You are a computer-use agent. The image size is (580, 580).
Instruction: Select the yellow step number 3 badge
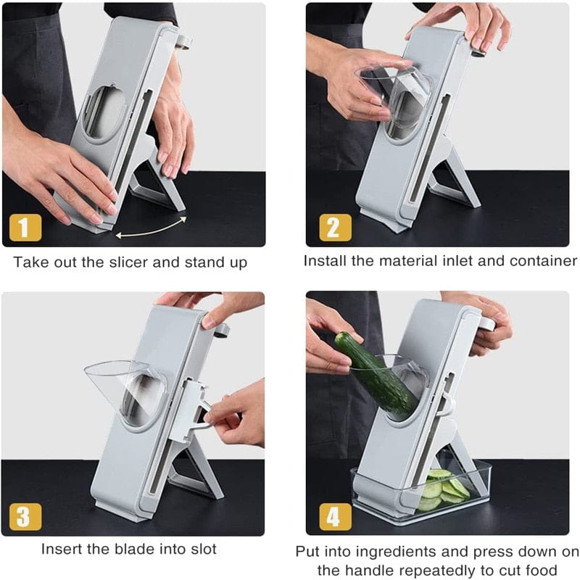pos(25,516)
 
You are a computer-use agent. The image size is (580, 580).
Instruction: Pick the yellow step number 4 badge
pos(334,516)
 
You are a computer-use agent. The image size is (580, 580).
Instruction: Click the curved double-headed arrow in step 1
pos(152,225)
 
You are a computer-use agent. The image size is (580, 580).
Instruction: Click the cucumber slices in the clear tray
pos(444,489)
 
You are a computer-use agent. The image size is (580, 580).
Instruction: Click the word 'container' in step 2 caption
pos(541,260)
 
